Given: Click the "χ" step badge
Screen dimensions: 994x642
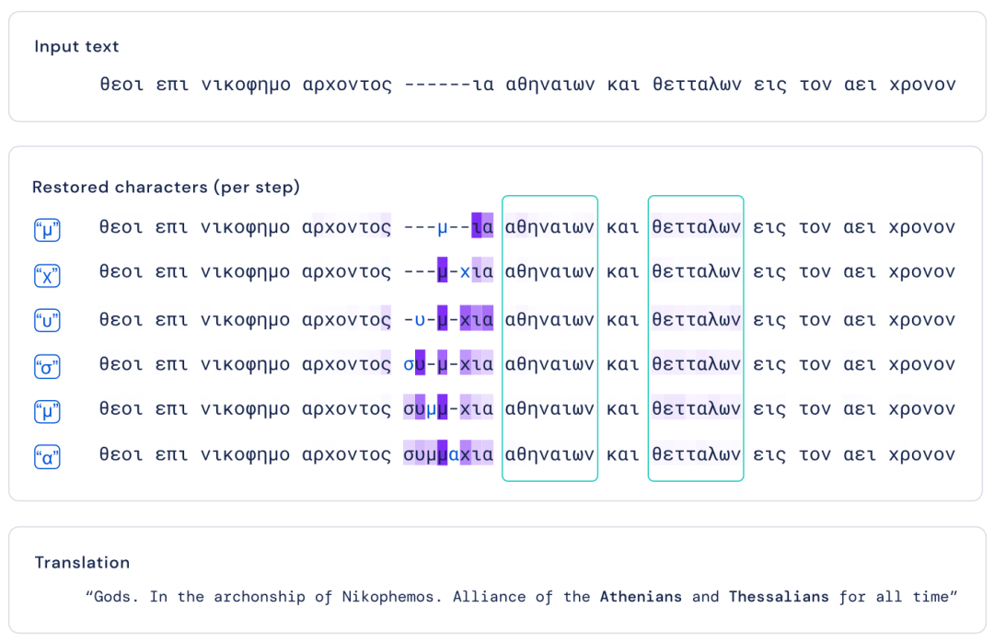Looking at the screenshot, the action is point(47,275).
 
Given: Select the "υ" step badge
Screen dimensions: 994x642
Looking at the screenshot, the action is point(47,320).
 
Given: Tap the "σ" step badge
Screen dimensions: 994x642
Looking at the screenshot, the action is point(47,366).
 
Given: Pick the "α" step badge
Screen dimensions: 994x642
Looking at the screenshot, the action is point(47,456).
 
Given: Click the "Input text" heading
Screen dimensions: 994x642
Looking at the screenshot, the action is point(76,46).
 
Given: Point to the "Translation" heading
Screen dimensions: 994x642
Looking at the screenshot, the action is point(82,562).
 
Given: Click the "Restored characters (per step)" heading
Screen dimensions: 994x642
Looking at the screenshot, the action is point(166,187).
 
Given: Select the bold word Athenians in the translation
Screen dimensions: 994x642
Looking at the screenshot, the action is point(641,596).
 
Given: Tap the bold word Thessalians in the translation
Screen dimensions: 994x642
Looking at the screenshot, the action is point(779,596).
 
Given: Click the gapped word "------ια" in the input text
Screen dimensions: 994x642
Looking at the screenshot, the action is point(449,85).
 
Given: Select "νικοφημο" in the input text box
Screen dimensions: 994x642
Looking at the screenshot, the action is point(246,85).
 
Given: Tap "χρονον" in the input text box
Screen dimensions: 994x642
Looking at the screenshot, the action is point(922,86).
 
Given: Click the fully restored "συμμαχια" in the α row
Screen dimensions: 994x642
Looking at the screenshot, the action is point(448,455).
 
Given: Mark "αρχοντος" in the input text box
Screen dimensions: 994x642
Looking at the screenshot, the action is point(347,86).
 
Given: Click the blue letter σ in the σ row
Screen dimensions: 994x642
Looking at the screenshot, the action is point(409,365).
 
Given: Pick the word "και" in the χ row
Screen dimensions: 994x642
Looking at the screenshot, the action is point(622,272).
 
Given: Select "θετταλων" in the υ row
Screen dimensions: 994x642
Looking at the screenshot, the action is point(696,319).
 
